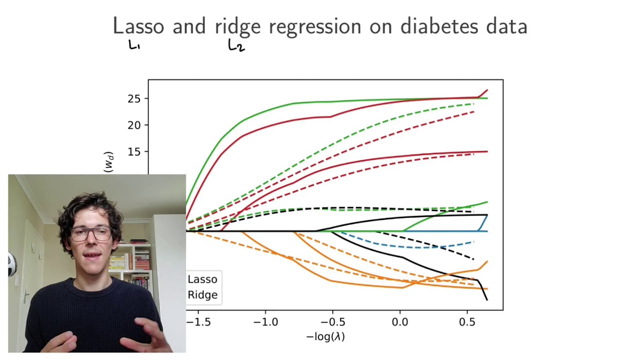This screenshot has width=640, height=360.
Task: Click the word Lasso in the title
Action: (138, 26)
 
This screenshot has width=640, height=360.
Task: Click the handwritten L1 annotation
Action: (134, 46)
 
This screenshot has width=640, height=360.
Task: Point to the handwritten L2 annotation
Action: (236, 46)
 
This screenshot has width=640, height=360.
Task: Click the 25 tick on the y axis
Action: (134, 98)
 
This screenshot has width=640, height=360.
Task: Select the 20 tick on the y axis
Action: (134, 125)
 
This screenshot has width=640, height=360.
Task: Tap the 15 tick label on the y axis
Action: (134, 151)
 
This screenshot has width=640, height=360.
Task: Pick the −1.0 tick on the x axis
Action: (265, 321)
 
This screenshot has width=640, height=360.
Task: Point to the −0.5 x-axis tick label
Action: (332, 321)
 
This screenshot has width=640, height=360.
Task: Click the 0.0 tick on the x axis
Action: (400, 321)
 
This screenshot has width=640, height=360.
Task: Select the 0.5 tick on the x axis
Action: (467, 321)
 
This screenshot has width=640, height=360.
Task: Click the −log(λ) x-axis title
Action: (325, 336)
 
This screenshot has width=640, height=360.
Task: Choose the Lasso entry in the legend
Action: (202, 279)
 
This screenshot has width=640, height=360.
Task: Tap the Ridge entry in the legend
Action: (202, 295)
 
